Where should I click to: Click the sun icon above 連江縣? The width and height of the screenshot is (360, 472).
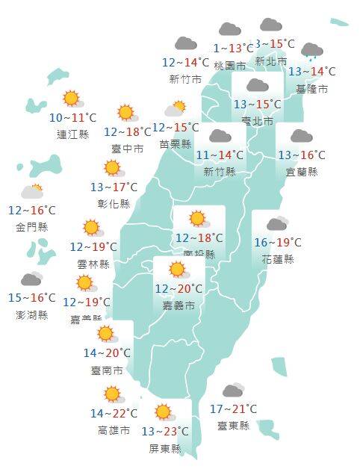pyautogui.click(x=72, y=98)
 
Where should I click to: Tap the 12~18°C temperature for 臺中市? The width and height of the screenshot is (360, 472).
pyautogui.click(x=132, y=131)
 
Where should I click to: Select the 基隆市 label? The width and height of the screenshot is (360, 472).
pyautogui.click(x=311, y=88)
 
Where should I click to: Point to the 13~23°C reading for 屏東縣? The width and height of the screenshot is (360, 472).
pyautogui.click(x=165, y=432)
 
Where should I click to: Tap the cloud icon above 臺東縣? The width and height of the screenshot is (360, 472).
pyautogui.click(x=233, y=391)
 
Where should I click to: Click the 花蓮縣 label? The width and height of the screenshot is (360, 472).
pyautogui.click(x=278, y=259)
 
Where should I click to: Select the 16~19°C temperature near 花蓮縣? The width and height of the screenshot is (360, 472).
pyautogui.click(x=277, y=243)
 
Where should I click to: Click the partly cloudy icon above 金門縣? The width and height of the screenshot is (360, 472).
pyautogui.click(x=32, y=191)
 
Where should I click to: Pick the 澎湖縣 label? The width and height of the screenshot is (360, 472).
pyautogui.click(x=31, y=314)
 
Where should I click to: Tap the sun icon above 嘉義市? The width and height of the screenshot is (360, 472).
pyautogui.click(x=177, y=270)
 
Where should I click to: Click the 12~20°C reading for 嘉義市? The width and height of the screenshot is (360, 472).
pyautogui.click(x=179, y=289)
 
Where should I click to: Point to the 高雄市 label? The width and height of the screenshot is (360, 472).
pyautogui.click(x=114, y=430)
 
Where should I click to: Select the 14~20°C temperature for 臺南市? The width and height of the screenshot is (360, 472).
pyautogui.click(x=108, y=353)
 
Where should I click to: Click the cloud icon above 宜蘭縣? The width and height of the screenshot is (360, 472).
pyautogui.click(x=301, y=136)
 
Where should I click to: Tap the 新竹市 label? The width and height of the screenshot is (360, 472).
pyautogui.click(x=185, y=79)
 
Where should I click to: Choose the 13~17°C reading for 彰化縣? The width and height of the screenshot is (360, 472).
pyautogui.click(x=114, y=187)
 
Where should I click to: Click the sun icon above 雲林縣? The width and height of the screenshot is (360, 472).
pyautogui.click(x=92, y=228)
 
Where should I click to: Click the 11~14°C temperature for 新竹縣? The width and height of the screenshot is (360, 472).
pyautogui.click(x=220, y=155)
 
